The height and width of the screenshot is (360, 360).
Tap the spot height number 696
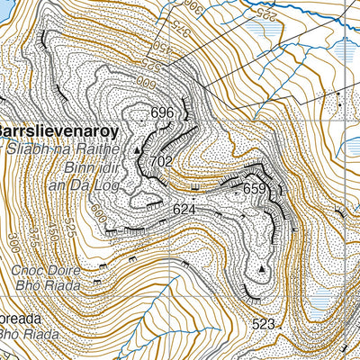coord(162,113)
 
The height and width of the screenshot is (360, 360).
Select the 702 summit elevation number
coord(162,161)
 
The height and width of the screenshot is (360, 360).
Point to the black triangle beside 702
coord(138,151)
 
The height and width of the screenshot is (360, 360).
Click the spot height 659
coord(255,189)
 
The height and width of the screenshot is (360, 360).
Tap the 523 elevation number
coord(264,323)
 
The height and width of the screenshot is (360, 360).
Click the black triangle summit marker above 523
coord(262,269)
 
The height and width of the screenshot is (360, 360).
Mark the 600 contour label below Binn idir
coord(98,215)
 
